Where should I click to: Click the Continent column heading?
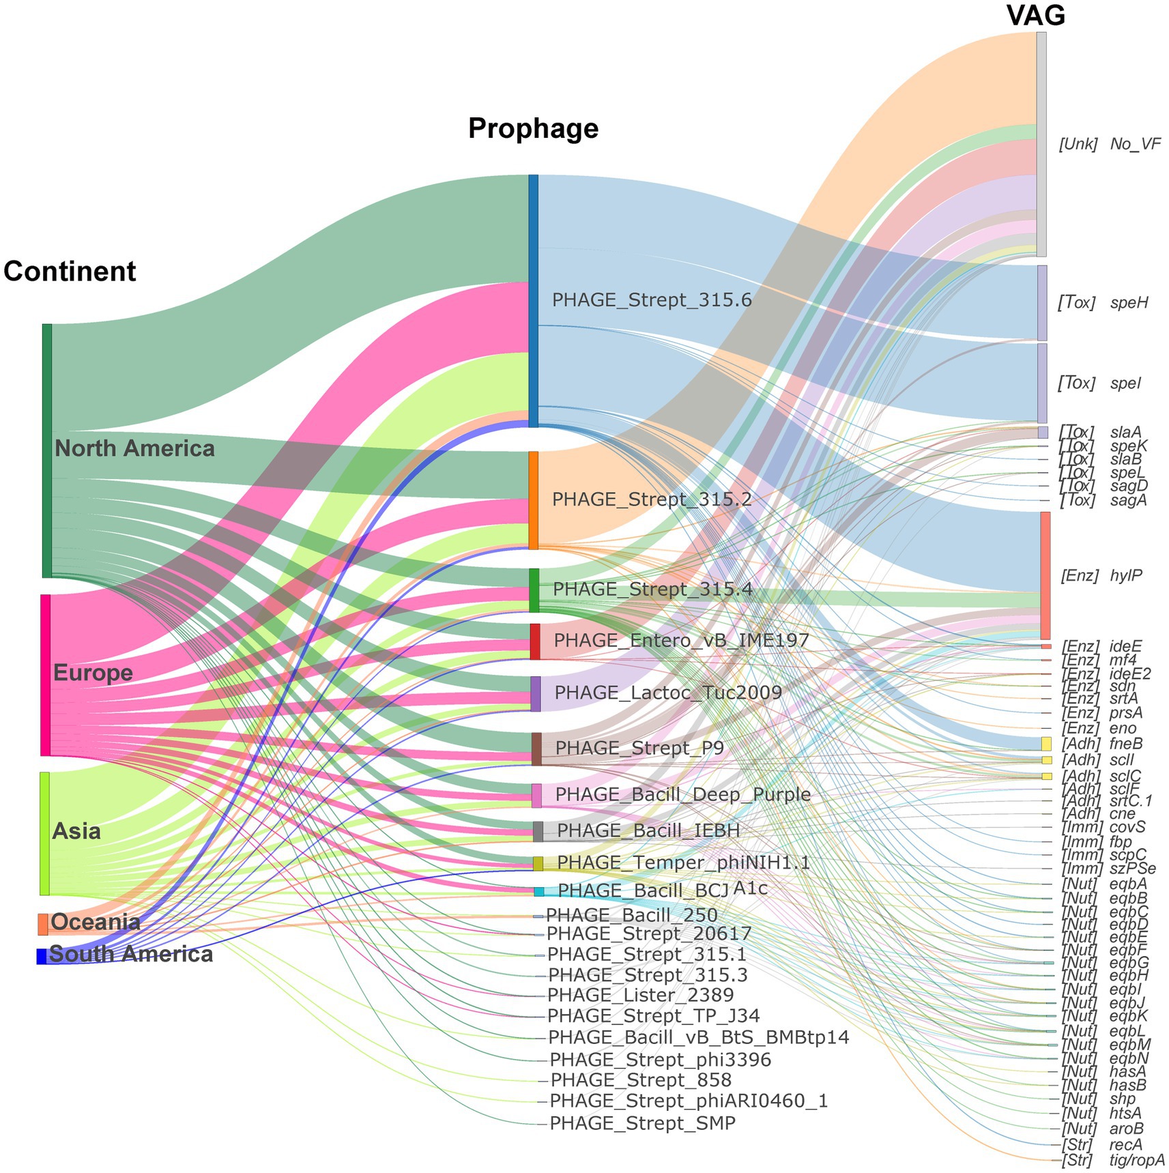point(70,272)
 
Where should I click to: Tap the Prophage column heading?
point(533,128)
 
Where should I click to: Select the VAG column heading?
point(1035,15)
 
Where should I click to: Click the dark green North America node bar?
point(47,450)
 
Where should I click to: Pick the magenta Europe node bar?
point(46,674)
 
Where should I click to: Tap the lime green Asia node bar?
point(44,833)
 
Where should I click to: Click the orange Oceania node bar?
point(42,924)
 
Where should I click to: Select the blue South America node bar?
point(41,956)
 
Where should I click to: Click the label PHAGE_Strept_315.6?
point(652,300)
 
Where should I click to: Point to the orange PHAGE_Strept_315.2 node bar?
point(534,499)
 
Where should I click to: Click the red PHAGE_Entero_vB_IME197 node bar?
point(535,641)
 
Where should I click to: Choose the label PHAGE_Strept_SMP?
point(642,1123)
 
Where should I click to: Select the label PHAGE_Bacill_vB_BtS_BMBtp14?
point(699,1038)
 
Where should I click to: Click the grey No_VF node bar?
point(1041,144)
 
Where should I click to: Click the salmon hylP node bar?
point(1045,575)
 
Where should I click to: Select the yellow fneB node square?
point(1046,744)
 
